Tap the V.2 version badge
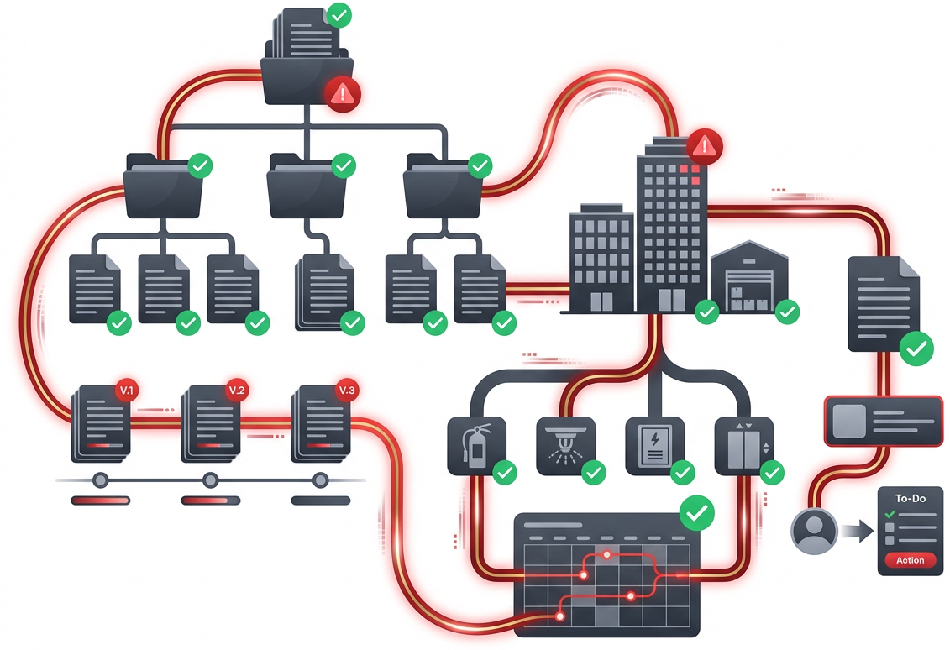coord(237,391)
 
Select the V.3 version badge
coord(346,391)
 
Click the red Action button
coord(910,560)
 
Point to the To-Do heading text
coord(910,499)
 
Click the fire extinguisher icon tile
coord(476,446)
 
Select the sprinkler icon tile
coord(565,442)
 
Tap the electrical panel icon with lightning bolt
coord(654,443)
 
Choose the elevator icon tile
coord(743,443)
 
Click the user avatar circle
coord(814,532)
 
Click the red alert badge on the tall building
coord(704,146)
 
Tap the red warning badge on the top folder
coord(343,92)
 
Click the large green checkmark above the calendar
coord(696,512)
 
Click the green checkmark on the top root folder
coord(339,15)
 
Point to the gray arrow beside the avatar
coord(857,532)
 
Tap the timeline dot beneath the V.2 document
coord(210,480)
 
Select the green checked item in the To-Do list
coord(890,513)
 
